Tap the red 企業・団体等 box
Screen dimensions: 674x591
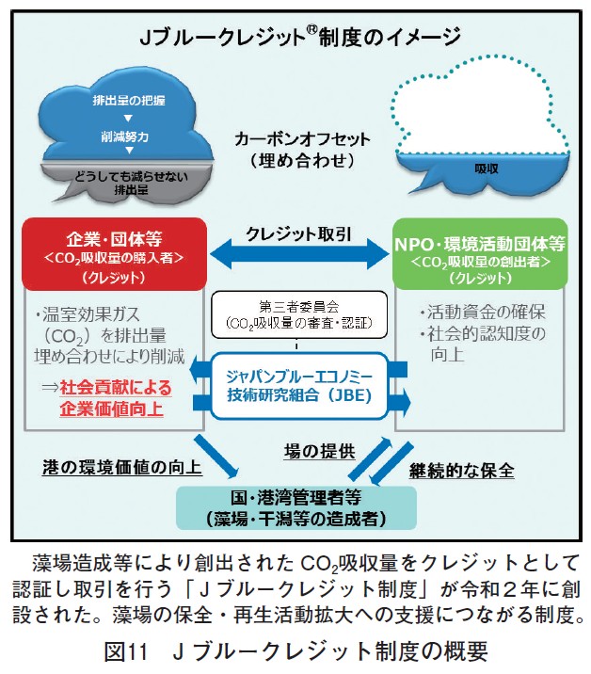(113, 254)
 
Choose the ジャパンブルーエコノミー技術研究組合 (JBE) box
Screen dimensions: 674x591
(298, 384)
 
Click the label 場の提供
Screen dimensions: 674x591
(320, 450)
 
